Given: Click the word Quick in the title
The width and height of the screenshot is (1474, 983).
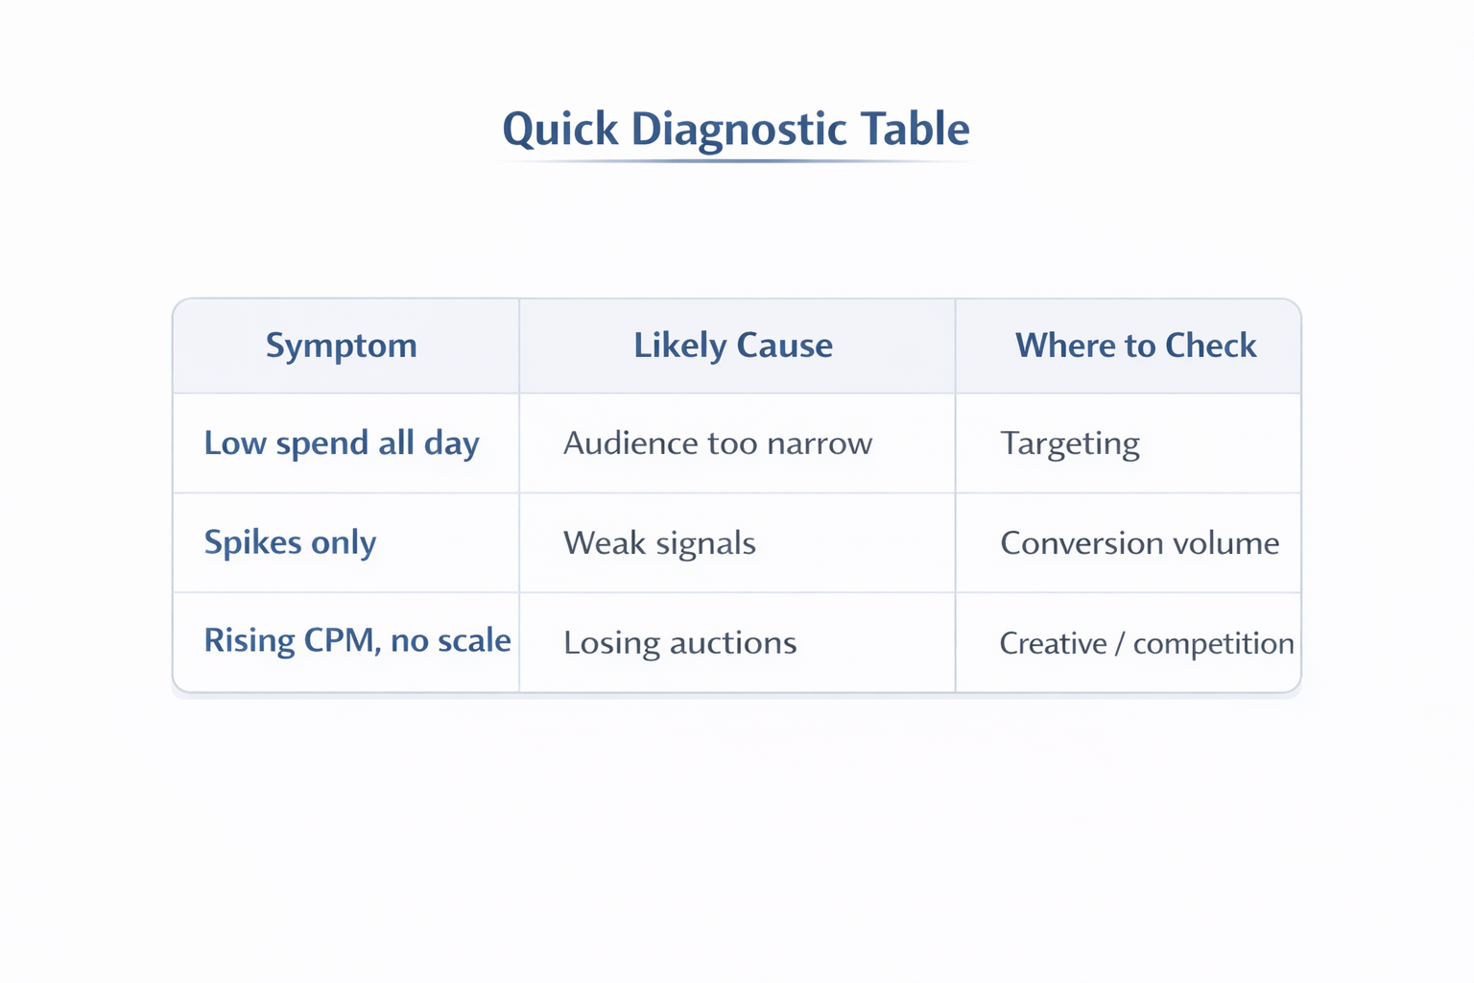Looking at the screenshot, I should point(560,130).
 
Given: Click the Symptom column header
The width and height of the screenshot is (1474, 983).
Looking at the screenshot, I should point(342,346).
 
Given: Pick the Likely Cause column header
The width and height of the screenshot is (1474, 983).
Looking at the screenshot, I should point(733,346).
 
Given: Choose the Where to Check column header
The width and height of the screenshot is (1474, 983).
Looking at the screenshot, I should point(1135,346).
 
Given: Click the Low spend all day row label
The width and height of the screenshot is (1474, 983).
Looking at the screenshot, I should point(342,444).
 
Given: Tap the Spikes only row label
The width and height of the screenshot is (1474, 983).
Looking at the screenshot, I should point(290,542).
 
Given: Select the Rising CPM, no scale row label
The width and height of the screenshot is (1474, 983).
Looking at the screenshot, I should point(357,640).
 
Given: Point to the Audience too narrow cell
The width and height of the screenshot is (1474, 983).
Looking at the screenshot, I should point(718,444).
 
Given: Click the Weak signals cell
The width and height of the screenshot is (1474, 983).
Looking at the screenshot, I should point(659,543).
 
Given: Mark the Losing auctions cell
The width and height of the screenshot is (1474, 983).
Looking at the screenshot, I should point(679,642).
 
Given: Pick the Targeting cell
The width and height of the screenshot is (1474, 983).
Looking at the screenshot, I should point(1070,444).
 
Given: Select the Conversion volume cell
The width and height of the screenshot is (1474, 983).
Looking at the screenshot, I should point(1139,543).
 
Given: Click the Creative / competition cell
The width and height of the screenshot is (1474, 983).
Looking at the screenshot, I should point(1147,643).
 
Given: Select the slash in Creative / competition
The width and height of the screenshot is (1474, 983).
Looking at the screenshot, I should point(1120,643).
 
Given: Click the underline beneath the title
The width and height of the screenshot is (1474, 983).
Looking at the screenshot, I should point(736,161).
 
